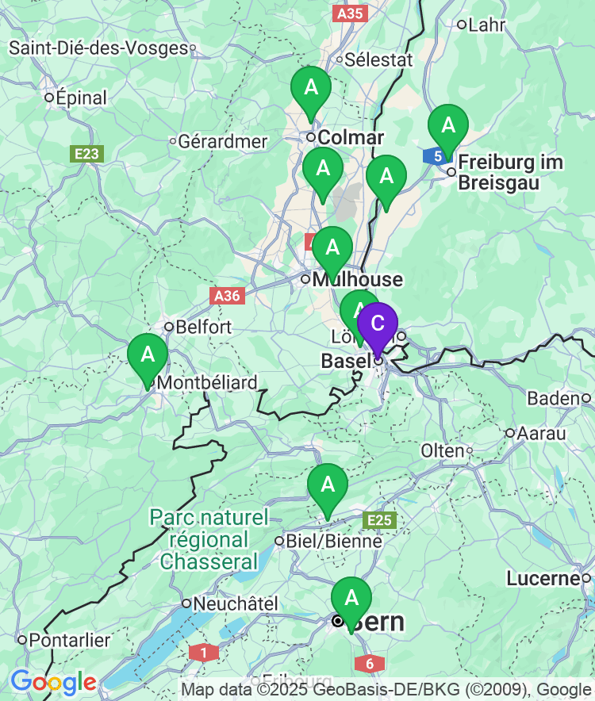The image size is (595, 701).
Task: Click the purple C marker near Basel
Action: (378, 324)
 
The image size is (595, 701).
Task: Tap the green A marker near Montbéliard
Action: (148, 355)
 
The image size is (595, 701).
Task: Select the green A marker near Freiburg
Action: (448, 126)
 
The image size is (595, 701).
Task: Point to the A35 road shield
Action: (350, 13)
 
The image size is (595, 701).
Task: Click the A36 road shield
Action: (228, 296)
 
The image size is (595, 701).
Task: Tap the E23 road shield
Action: (86, 153)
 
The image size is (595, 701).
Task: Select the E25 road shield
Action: (379, 520)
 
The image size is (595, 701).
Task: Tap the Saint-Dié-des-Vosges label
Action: (99, 48)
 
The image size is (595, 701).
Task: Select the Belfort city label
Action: (203, 327)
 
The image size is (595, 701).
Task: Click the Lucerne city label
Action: (543, 579)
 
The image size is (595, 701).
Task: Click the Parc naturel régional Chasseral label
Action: (209, 540)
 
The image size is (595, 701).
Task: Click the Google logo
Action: (53, 682)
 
